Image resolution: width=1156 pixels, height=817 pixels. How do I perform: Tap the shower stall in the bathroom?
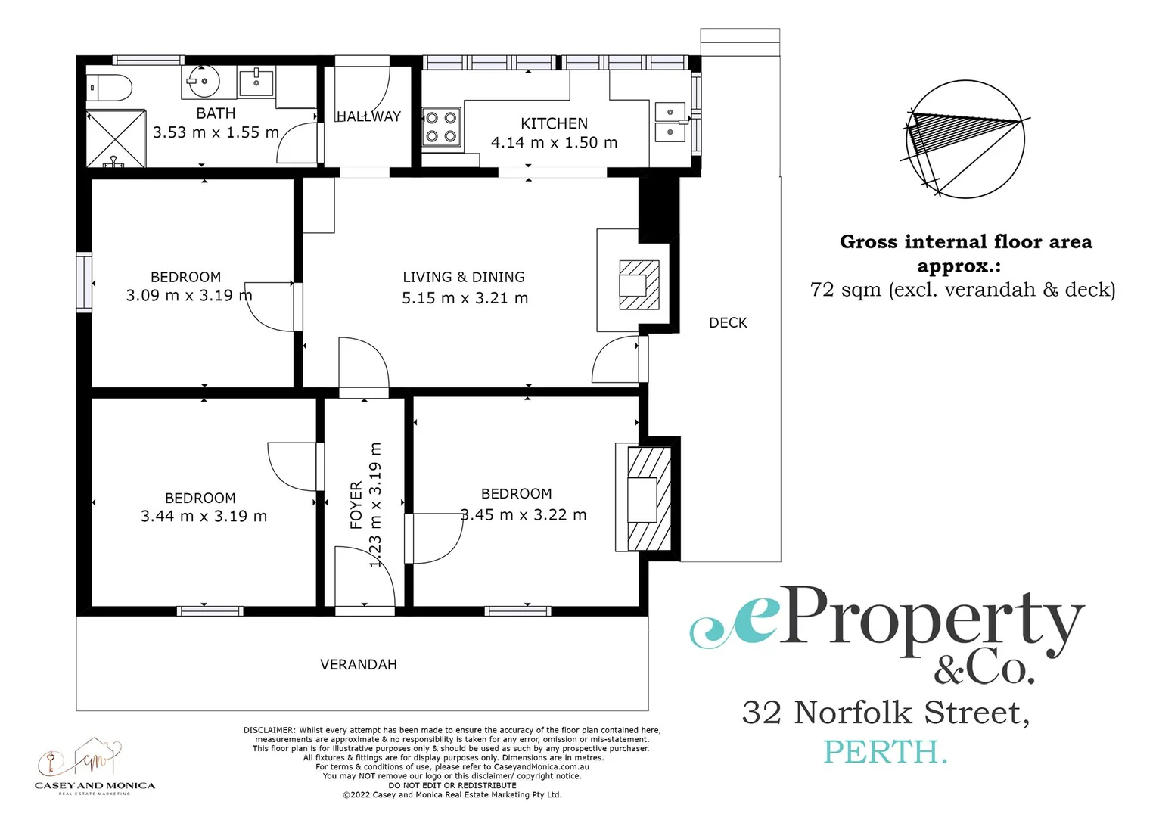click(x=115, y=138)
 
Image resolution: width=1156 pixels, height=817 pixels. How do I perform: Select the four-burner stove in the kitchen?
click(x=441, y=127)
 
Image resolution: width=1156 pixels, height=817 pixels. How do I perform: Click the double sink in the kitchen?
click(x=670, y=123)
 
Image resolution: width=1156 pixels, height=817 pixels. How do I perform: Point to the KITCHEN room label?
click(x=554, y=123)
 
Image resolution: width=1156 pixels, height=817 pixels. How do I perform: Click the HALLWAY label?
click(x=368, y=116)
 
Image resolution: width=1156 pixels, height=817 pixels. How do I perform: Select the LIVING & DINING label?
click(x=464, y=277)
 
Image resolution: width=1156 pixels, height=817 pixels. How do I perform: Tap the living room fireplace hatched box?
click(x=639, y=284)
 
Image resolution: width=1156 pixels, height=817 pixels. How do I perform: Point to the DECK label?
click(x=728, y=323)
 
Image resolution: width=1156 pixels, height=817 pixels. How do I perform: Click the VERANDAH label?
click(x=359, y=664)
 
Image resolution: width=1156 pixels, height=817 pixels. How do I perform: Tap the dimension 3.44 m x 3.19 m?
click(x=204, y=517)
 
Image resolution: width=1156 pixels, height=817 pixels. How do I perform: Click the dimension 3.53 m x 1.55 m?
click(x=216, y=132)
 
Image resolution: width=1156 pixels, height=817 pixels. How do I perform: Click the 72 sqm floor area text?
click(x=962, y=290)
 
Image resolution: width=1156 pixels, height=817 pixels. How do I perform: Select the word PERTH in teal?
click(x=884, y=752)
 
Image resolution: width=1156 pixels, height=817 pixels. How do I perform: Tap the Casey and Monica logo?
click(x=95, y=766)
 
